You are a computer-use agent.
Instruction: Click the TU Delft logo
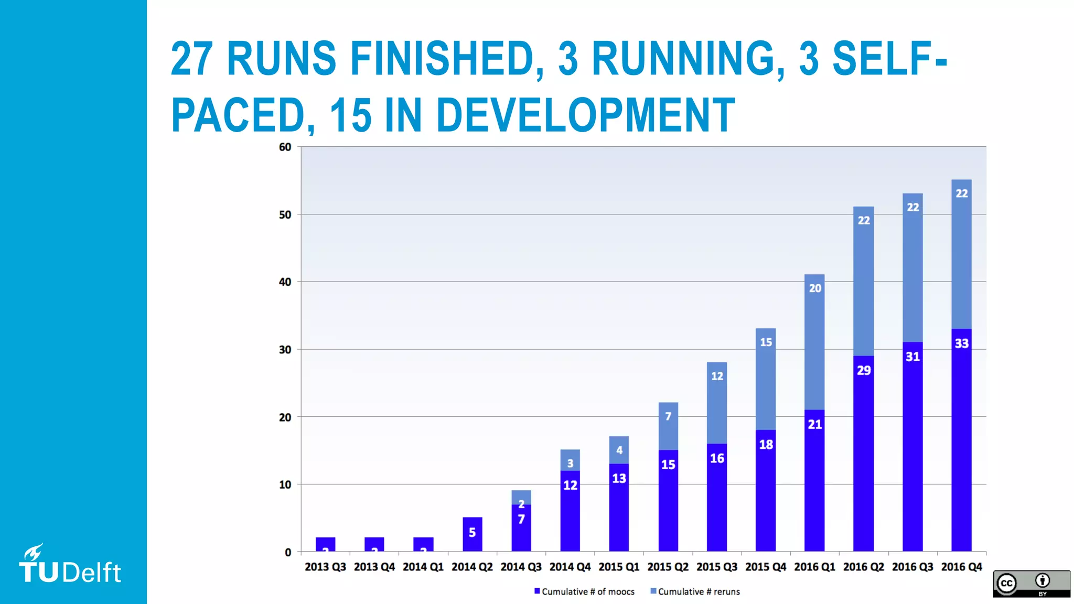tap(70, 565)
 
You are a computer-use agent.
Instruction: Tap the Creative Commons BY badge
tap(1031, 584)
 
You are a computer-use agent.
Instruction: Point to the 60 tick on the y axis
tap(285, 147)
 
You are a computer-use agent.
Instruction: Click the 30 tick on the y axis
tap(285, 350)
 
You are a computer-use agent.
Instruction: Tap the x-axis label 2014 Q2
tap(472, 567)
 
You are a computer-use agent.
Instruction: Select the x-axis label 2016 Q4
tap(961, 567)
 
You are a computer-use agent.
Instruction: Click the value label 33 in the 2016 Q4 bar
tap(961, 343)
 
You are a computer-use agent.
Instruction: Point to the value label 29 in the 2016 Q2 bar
tap(864, 371)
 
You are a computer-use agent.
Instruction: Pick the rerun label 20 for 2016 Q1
tap(815, 288)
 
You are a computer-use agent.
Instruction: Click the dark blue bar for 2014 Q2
tap(472, 540)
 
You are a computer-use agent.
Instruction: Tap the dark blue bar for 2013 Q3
tap(325, 544)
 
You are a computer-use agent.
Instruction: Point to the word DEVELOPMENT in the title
tap(585, 115)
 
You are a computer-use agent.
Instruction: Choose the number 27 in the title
tap(192, 59)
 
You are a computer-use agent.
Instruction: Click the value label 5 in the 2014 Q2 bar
tap(472, 533)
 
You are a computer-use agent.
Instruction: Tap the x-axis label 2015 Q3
tap(716, 567)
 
